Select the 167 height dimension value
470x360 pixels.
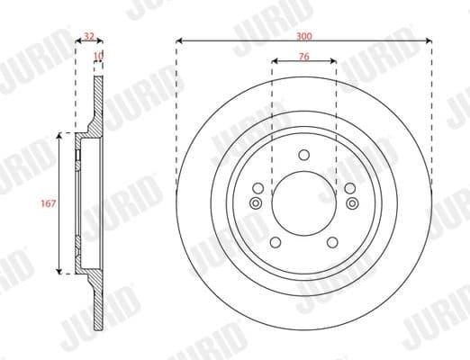[50, 203]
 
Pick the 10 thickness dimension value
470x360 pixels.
[98, 56]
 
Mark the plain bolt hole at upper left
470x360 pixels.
[259, 188]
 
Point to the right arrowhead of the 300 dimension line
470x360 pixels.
[429, 40]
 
